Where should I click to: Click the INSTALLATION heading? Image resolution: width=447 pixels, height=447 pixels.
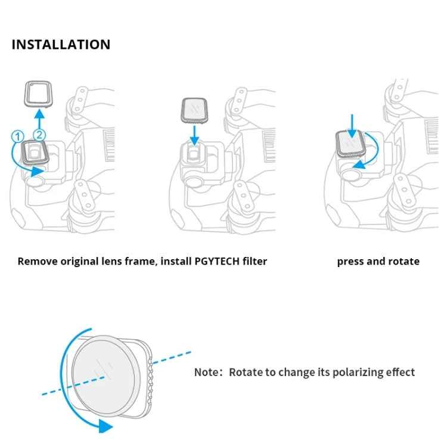coord(61,45)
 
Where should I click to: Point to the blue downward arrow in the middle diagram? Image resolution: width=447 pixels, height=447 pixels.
coord(194,136)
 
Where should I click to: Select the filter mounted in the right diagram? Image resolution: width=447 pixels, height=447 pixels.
coord(352,144)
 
